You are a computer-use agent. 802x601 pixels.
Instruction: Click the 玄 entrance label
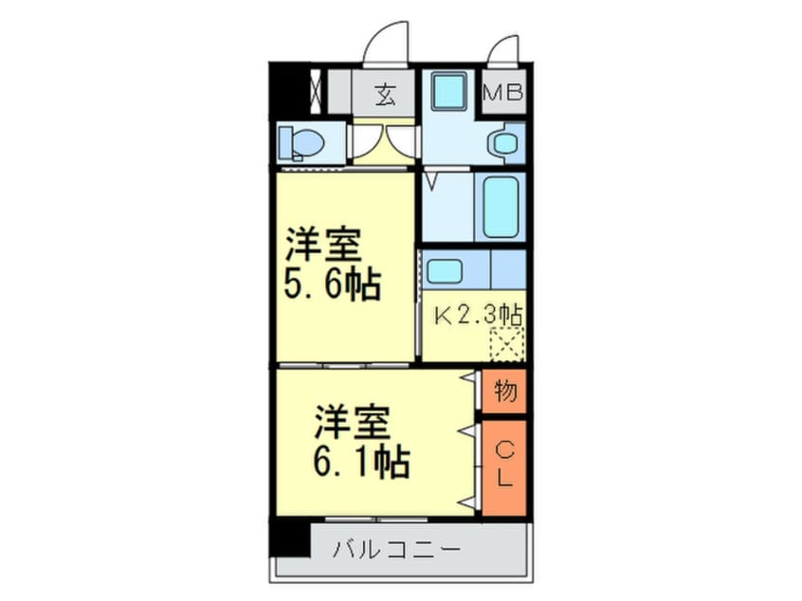tap(385, 95)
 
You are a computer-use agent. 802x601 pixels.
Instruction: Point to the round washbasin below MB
tap(502, 144)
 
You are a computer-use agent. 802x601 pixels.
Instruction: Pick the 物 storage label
tap(505, 392)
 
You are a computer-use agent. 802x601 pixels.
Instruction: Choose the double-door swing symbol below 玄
tap(385, 142)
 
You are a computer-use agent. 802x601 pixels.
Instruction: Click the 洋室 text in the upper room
tap(323, 246)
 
